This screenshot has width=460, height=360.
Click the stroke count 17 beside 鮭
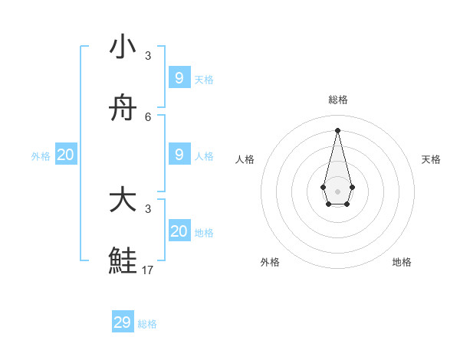[148, 270]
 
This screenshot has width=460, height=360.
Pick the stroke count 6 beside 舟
[148, 116]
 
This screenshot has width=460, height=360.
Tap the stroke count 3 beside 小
[148, 55]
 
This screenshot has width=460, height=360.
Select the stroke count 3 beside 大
[148, 208]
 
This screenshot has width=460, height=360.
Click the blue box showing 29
[123, 322]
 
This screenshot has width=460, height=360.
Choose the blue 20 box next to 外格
[66, 155]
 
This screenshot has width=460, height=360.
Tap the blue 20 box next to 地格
[179, 231]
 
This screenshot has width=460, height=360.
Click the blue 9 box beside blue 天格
[179, 78]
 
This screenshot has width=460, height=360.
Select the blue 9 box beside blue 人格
[179, 155]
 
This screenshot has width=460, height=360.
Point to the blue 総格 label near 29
[148, 324]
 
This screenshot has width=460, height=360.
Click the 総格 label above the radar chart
[338, 100]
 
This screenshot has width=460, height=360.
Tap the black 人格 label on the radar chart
[245, 159]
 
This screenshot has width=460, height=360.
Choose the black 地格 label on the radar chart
[402, 262]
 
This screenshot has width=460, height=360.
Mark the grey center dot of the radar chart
[337, 191]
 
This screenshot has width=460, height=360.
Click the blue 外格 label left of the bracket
[41, 156]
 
